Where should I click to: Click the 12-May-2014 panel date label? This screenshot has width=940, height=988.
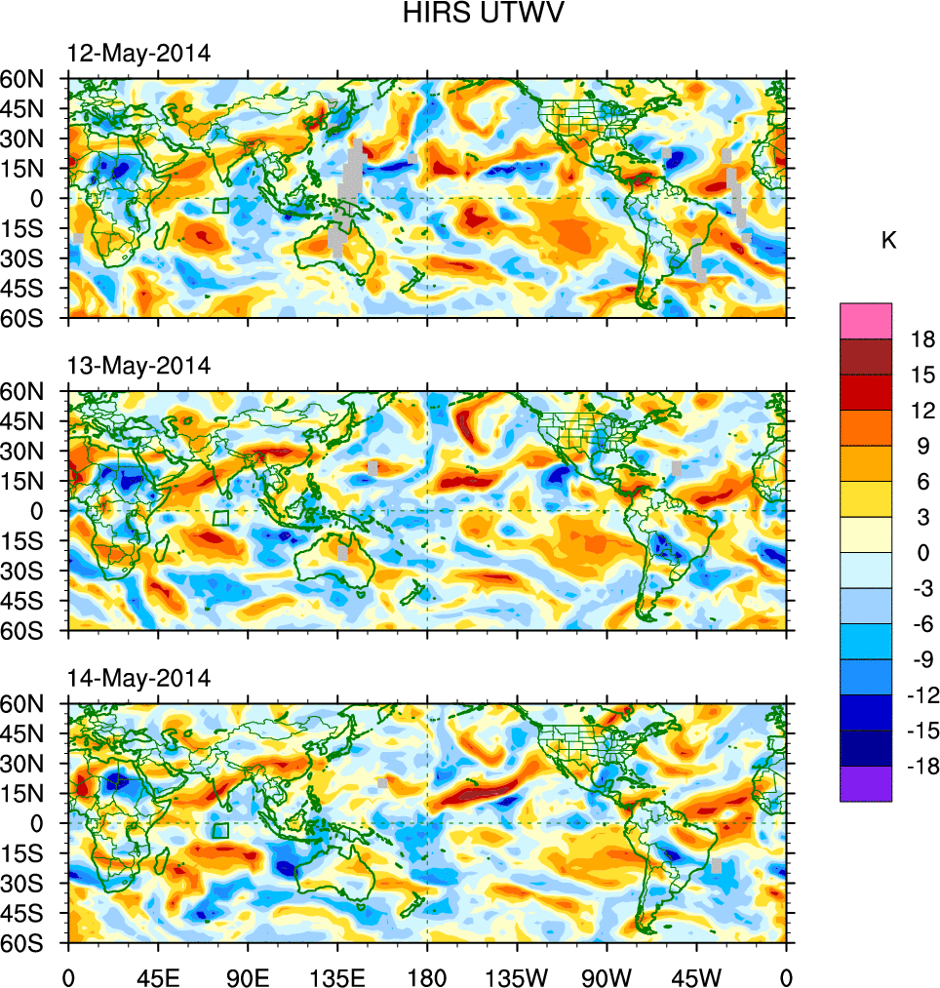coord(138,54)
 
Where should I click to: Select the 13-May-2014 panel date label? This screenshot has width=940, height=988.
coord(138,366)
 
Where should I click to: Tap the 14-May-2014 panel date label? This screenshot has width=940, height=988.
coord(138,678)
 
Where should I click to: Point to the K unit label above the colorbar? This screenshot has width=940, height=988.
coord(888,242)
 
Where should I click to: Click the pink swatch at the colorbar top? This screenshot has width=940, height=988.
coord(866,320)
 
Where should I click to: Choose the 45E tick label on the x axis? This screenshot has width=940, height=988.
coord(158,975)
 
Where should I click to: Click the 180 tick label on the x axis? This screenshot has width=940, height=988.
coord(428,975)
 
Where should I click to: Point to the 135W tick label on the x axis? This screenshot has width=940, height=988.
coord(517,975)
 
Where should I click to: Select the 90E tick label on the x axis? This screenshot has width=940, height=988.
coord(248,975)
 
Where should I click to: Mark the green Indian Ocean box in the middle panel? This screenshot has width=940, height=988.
coord(221,518)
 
